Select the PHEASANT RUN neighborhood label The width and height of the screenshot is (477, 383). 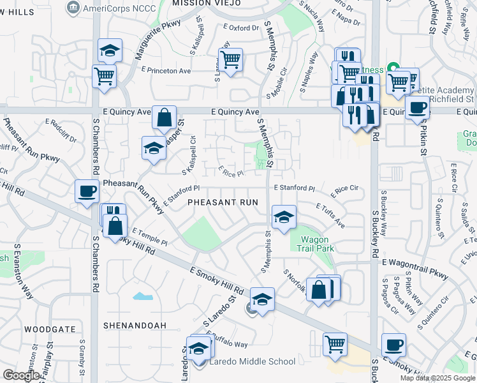tap(223, 202)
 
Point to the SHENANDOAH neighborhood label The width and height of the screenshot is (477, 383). tap(135, 326)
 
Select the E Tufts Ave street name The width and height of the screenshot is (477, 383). tap(330, 215)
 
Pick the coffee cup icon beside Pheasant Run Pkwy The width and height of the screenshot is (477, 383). tap(86, 191)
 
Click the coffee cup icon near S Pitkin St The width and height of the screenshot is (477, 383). tap(417, 107)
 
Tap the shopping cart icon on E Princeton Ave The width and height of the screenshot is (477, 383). tap(230, 59)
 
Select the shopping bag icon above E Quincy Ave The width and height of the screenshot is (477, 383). tap(164, 117)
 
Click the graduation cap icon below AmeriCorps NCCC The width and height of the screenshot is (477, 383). tap(110, 50)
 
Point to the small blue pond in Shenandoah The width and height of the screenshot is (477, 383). tap(142, 296)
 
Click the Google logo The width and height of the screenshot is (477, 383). tap(21, 375)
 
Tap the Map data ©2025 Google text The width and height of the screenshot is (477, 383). tap(437, 378)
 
